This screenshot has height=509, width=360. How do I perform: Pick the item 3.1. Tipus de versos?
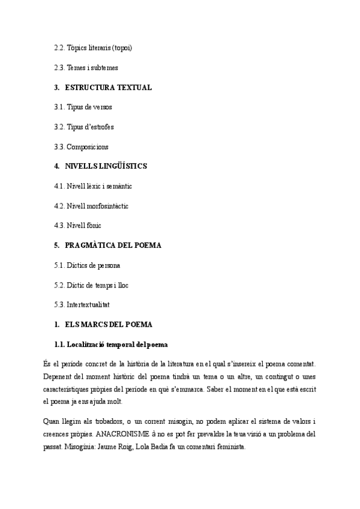pos(83,107)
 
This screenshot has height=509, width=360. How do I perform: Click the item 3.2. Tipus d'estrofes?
pos(84,127)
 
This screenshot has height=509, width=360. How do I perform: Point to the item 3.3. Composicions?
pos(81,147)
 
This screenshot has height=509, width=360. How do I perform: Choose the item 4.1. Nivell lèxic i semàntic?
pos(93,186)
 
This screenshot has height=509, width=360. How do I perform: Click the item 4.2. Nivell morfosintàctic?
pos(91,206)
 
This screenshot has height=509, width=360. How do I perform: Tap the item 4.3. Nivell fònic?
pos(77,226)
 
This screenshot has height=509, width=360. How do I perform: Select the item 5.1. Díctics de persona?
pos(88,265)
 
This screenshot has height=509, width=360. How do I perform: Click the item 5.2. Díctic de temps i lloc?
pos(91,285)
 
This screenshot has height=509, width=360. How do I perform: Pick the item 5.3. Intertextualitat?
pos(82,305)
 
